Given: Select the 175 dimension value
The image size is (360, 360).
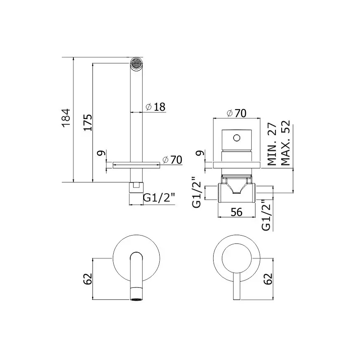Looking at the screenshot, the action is pyautogui.click(x=88, y=122).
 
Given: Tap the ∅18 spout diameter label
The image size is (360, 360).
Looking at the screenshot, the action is pyautogui.click(x=156, y=107).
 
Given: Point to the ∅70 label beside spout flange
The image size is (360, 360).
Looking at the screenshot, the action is pyautogui.click(x=172, y=160).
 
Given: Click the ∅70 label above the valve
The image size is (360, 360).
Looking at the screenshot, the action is pyautogui.click(x=236, y=113).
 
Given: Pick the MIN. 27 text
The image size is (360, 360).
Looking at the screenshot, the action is pyautogui.click(x=272, y=144).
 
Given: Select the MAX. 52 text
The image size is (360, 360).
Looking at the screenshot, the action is pyautogui.click(x=286, y=143).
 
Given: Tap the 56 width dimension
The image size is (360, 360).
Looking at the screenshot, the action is pyautogui.click(x=236, y=212).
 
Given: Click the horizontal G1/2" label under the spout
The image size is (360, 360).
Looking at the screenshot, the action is pyautogui.click(x=159, y=197).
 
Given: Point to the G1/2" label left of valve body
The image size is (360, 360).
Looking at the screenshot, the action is pyautogui.click(x=197, y=192).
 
